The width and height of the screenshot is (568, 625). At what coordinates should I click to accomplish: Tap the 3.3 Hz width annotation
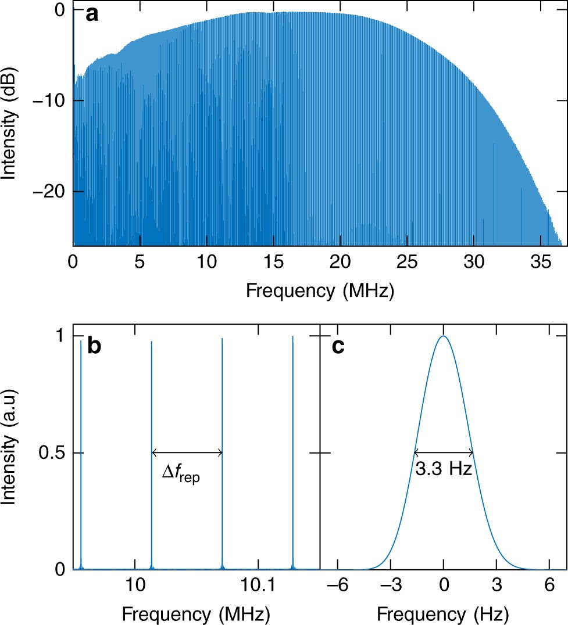click(444, 468)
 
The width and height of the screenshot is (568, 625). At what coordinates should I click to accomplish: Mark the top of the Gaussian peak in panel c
click(444, 336)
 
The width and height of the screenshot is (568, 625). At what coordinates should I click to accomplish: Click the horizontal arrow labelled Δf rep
click(187, 453)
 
